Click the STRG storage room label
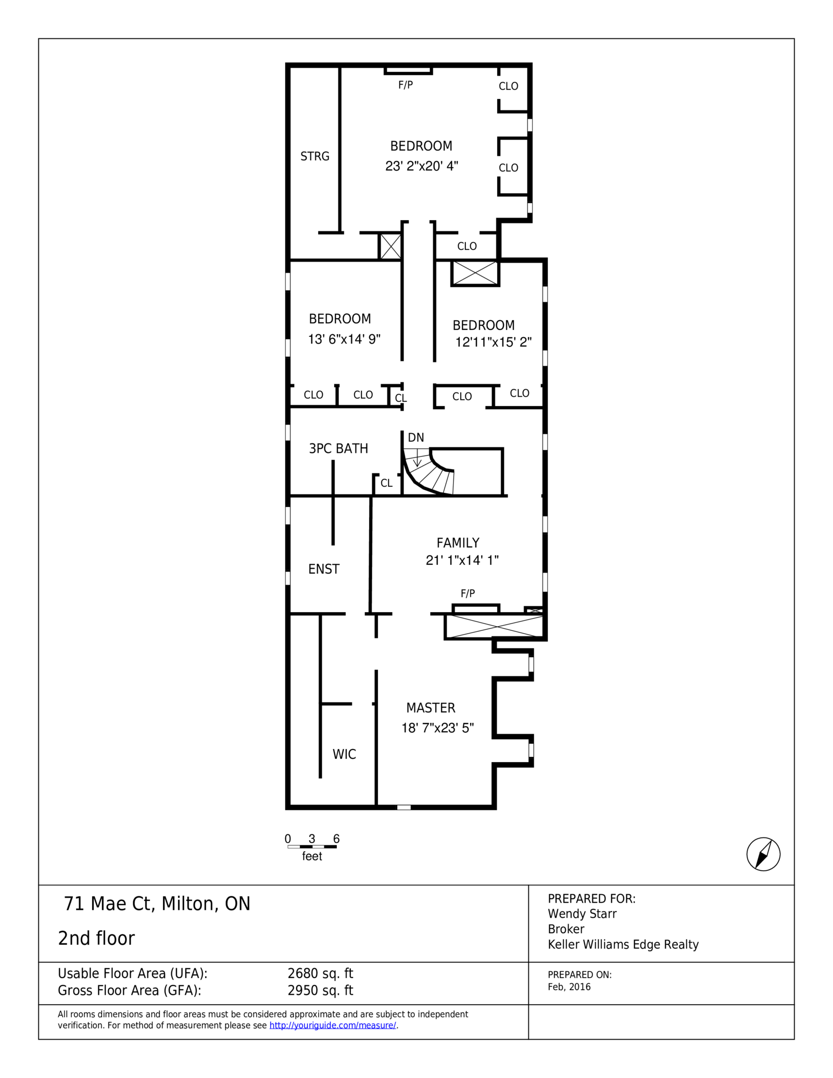coord(314,156)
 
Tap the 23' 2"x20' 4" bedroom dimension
coord(421,166)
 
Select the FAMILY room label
coord(458,543)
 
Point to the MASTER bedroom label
coord(431,708)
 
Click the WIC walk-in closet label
coord(344,754)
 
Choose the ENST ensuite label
coord(323,569)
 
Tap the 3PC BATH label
coord(338,448)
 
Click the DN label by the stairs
coord(415,438)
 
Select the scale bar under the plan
coord(312,847)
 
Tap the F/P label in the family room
coord(468,593)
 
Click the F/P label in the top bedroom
coord(406,85)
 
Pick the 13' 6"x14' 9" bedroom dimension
coord(344,339)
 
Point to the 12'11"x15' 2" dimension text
coord(493,342)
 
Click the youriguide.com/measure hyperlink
coord(333,1025)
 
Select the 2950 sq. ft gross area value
coord(320,991)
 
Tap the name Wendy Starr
coord(582,914)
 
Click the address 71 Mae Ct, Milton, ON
coord(157,904)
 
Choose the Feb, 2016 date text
coord(569,987)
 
